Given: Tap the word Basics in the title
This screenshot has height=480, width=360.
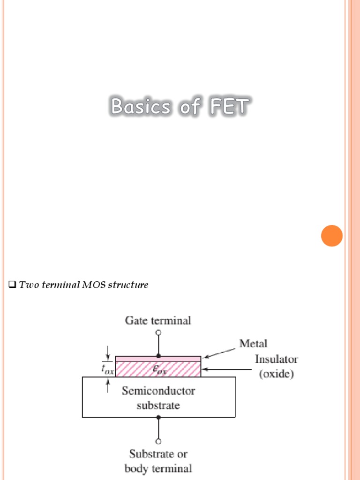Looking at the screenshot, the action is point(141,107).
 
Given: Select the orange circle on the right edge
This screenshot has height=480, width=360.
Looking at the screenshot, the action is point(332,236).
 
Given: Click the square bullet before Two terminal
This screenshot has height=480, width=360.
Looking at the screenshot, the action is point(13,285).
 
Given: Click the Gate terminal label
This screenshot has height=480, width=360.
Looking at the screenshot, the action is point(158,321).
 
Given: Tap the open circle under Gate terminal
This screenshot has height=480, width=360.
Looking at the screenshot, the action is point(158,332).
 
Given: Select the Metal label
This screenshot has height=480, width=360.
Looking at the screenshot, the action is point(253,344).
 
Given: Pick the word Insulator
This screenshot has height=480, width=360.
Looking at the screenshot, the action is point(276,360).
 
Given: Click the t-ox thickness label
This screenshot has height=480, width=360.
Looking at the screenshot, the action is point(108,369).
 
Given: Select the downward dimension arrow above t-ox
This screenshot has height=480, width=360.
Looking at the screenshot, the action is point(108,352).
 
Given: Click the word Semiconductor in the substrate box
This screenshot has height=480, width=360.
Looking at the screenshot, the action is point(158,390).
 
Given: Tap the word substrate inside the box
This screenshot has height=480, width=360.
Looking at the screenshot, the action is point(158,405).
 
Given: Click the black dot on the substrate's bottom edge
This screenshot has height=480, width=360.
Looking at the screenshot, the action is point(158,417).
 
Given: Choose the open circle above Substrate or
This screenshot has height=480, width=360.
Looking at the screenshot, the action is point(158,441).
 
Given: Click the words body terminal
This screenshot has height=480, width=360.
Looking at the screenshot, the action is point(158,468).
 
